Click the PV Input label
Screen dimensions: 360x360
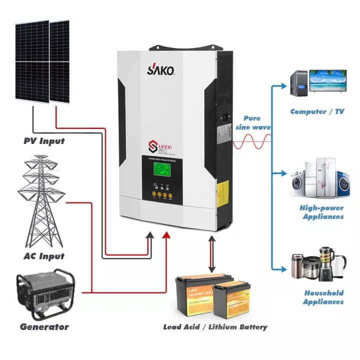[x=44, y=141]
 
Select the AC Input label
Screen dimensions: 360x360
[x=44, y=256]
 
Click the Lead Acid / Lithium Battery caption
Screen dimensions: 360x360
[x=215, y=327]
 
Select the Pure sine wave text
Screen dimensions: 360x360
[x=252, y=123]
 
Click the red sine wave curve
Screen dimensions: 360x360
[x=252, y=142]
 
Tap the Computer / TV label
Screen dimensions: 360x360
[x=317, y=111]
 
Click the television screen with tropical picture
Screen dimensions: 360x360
[x=327, y=82]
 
